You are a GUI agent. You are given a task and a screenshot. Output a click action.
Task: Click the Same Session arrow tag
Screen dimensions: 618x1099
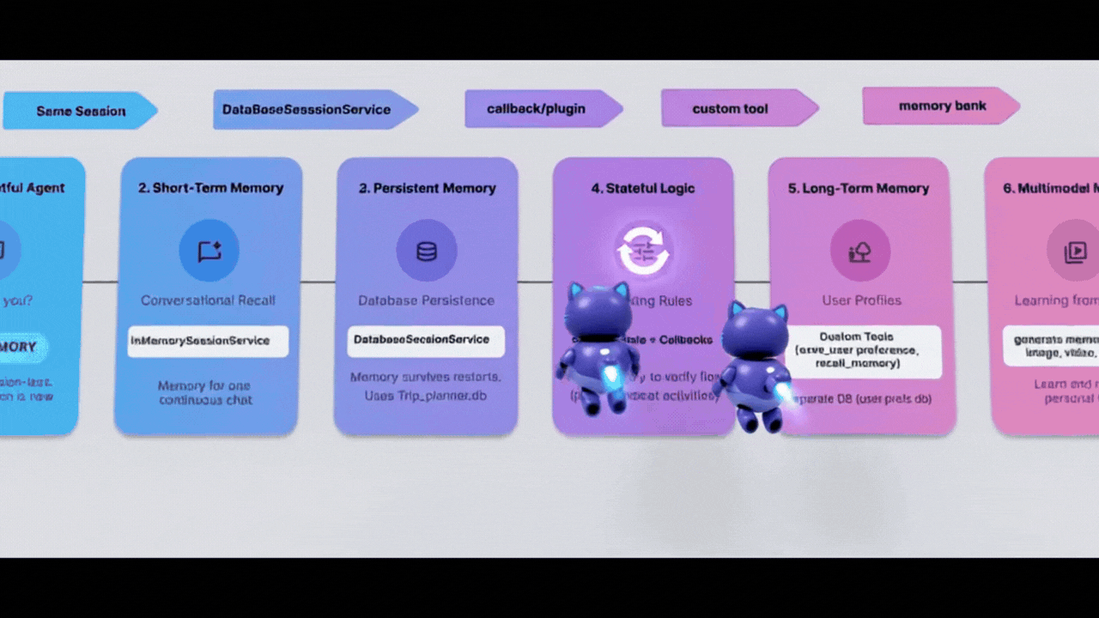[x=80, y=111]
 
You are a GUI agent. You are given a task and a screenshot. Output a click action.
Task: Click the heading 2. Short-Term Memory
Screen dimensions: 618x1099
[x=210, y=188]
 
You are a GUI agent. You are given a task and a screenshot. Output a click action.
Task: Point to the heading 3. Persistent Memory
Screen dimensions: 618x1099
[x=428, y=188]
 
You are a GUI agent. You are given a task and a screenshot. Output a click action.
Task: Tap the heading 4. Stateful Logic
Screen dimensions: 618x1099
[x=643, y=188]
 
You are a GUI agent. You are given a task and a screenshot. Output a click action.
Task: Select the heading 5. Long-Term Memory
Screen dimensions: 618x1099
[x=859, y=188]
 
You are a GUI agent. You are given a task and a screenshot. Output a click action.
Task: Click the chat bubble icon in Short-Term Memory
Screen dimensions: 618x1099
[x=209, y=251]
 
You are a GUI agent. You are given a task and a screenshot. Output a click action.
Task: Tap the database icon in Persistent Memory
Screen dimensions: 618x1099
[x=426, y=251]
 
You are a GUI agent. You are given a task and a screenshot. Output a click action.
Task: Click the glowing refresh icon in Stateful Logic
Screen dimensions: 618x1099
[x=642, y=251]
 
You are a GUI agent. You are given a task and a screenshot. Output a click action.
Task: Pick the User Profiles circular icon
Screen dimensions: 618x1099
[x=859, y=251]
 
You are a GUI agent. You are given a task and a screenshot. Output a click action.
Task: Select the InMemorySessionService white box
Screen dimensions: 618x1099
[x=208, y=341]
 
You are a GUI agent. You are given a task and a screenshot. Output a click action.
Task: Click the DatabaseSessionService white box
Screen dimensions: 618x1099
[x=426, y=340]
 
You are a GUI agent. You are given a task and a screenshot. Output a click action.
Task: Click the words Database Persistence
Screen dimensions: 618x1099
[x=426, y=300]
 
